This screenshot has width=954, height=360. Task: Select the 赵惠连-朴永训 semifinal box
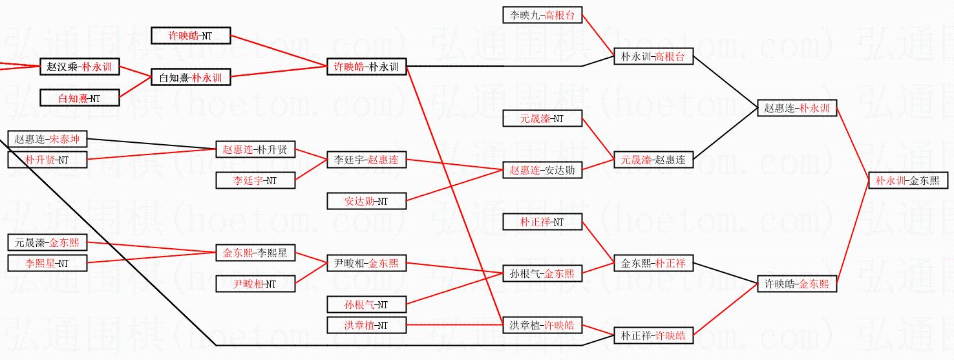(x=797, y=109)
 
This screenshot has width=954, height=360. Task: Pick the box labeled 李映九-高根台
(x=542, y=16)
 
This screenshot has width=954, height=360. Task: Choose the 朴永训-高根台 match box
(x=653, y=57)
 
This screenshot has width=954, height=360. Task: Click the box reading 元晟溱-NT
(x=542, y=118)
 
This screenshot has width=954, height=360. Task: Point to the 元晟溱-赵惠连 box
(x=653, y=159)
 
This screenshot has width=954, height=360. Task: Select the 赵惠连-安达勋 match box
(x=542, y=170)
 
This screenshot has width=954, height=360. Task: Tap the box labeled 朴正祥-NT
(x=542, y=222)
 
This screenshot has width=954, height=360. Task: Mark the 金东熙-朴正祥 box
(x=653, y=263)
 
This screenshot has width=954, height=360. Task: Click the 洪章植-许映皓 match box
(x=542, y=325)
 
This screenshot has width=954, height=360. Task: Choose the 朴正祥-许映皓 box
(x=653, y=335)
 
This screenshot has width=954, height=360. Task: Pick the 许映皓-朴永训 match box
(x=366, y=67)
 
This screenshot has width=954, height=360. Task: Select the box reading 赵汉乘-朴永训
(x=79, y=67)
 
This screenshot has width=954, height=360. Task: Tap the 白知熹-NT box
(x=79, y=98)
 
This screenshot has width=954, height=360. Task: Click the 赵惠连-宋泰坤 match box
(x=47, y=139)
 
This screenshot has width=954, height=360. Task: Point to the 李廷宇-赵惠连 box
(x=366, y=159)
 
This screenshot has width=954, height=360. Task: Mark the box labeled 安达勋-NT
(x=366, y=201)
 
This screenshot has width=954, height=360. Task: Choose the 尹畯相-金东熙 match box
(x=366, y=263)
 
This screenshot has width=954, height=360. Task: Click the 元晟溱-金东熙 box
(x=47, y=243)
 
